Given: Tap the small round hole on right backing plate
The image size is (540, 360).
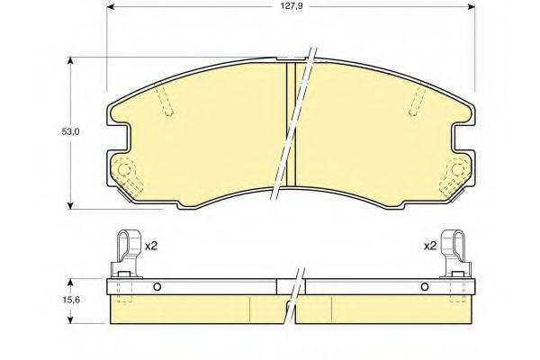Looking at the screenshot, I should pyautogui.click(x=425, y=288).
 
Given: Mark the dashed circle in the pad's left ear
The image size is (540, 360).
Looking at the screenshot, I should pyautogui.click(x=124, y=168).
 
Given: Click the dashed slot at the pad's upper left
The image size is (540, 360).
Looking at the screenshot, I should pyautogui.click(x=167, y=106).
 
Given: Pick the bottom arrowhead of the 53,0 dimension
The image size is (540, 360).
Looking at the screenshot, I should pyautogui.click(x=72, y=205).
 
